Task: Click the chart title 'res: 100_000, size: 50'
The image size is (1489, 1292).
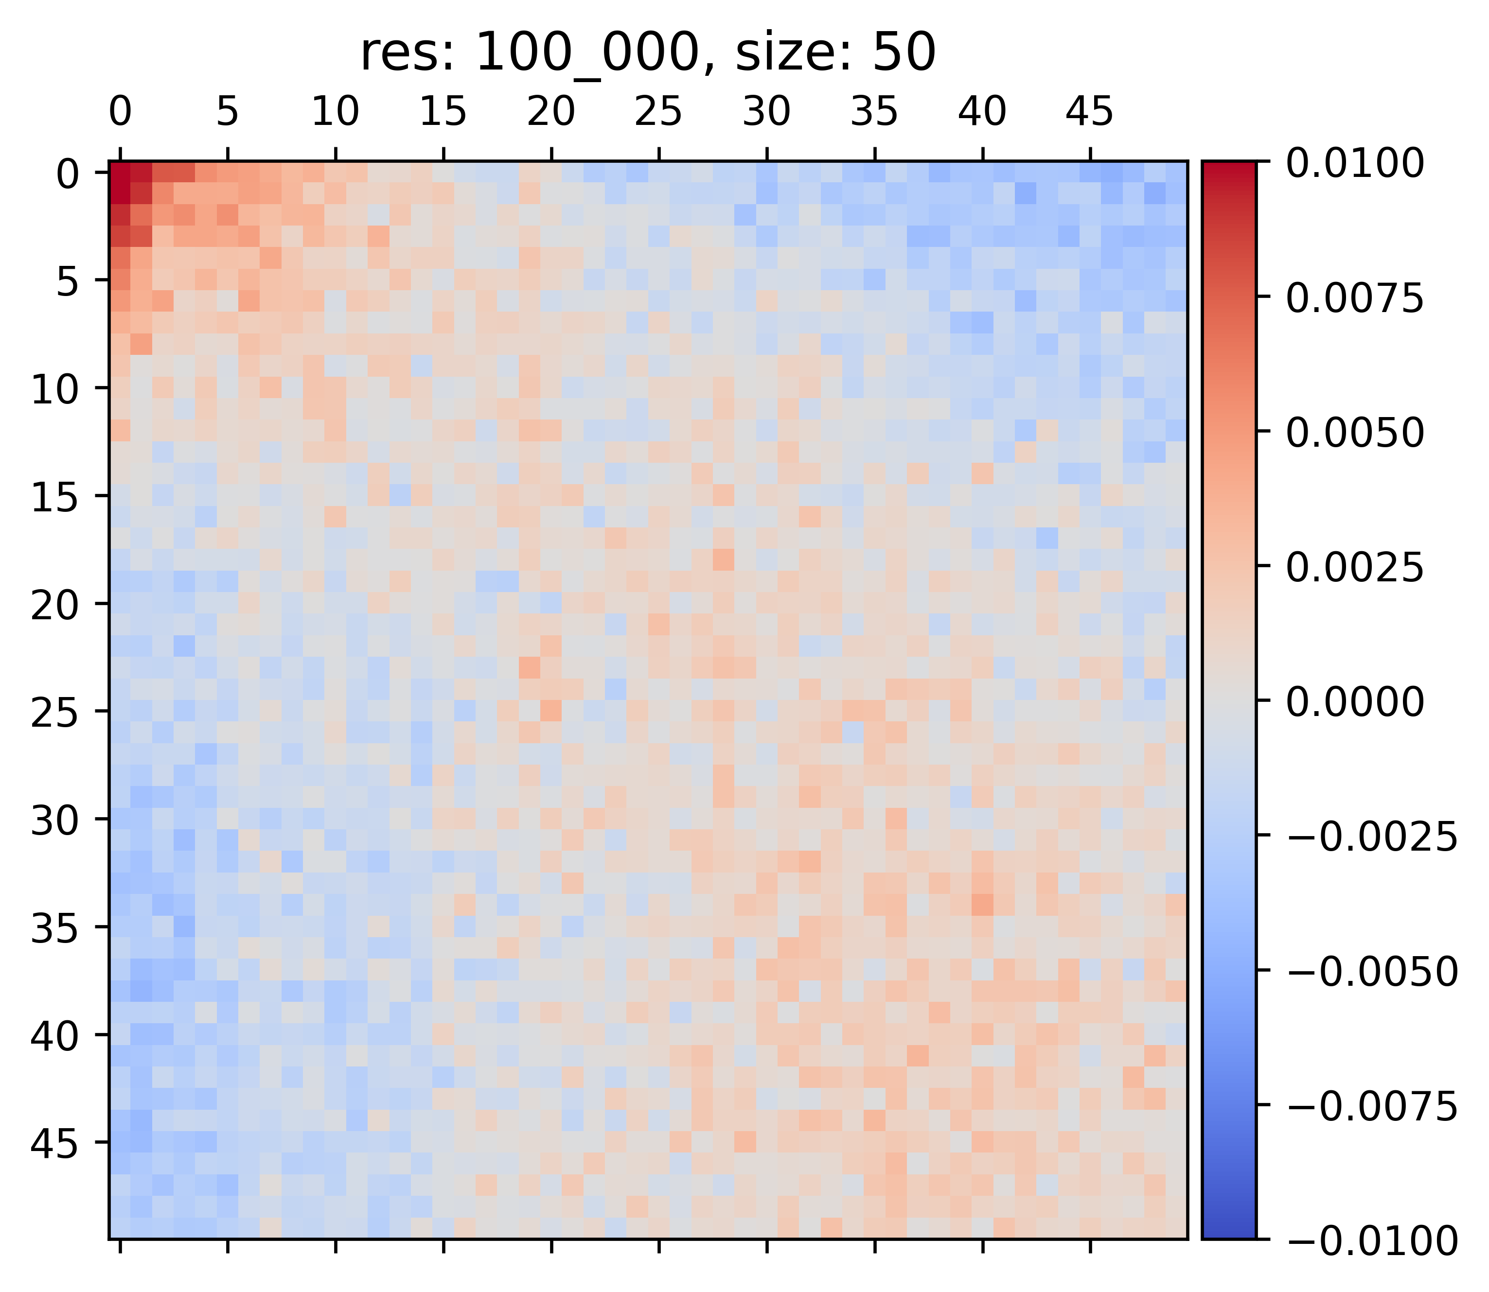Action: click(647, 53)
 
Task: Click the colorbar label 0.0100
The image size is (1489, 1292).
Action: click(1355, 163)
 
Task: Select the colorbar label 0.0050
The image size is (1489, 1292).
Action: click(1355, 433)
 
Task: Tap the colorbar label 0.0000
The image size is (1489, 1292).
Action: click(1355, 701)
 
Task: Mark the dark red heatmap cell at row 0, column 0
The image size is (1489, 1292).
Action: click(120, 172)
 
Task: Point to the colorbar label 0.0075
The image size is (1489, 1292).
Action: click(1355, 298)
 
